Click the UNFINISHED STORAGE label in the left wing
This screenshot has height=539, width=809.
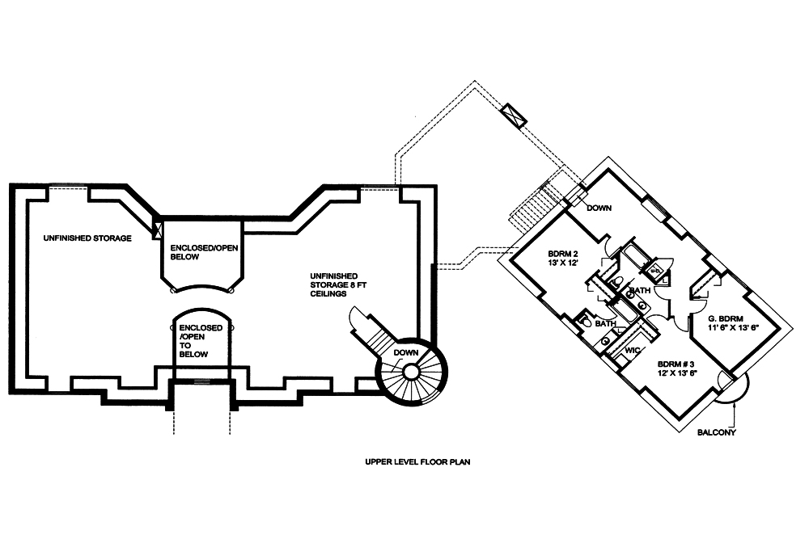tap(87, 238)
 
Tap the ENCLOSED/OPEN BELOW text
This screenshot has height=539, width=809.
tap(198, 251)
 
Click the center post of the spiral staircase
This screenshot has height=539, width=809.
tap(410, 372)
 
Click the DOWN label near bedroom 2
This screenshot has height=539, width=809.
tap(599, 208)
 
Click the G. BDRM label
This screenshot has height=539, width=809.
tap(723, 318)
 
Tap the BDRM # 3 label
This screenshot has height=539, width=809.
tap(676, 364)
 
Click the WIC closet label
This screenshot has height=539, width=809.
tap(633, 350)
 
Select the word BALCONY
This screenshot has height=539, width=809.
tap(717, 432)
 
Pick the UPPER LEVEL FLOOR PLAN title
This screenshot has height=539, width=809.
tap(417, 463)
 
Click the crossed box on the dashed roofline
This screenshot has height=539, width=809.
tap(514, 114)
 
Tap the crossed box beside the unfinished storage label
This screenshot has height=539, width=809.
tap(158, 228)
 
